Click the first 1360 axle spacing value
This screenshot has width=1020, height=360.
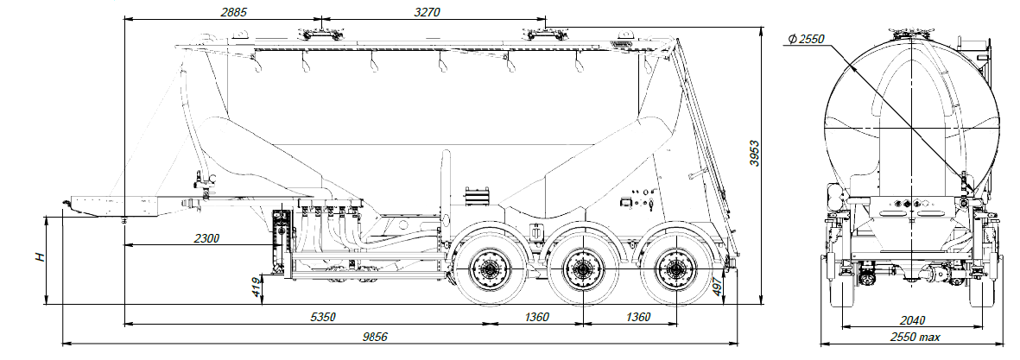coord(535,317)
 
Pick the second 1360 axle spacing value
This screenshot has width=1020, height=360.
coord(637,317)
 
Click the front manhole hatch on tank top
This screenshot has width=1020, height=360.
coord(320,34)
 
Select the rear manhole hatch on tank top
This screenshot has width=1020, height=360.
coord(545,34)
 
